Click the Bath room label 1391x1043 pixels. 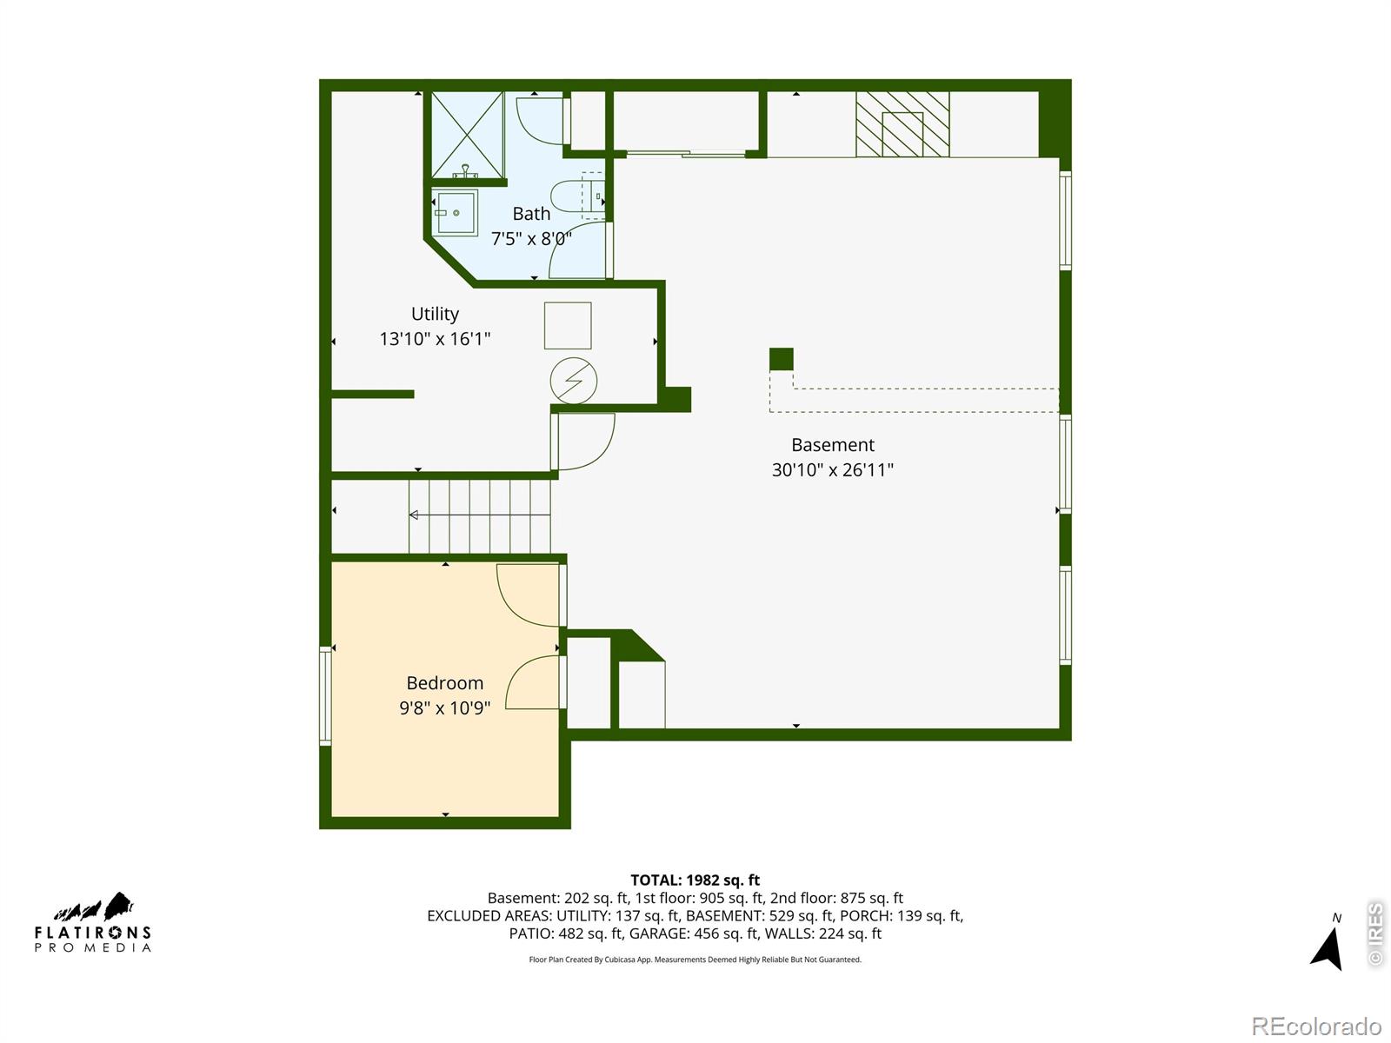(x=531, y=214)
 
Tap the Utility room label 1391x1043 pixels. (x=435, y=314)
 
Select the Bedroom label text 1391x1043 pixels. (x=444, y=683)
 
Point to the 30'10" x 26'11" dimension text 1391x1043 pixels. (x=832, y=470)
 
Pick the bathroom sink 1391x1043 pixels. (x=456, y=213)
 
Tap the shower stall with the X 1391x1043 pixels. (x=468, y=135)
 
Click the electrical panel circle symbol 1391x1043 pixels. (x=573, y=381)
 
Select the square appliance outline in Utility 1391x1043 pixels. (x=568, y=325)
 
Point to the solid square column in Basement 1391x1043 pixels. (x=781, y=359)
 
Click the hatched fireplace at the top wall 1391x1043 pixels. (x=902, y=124)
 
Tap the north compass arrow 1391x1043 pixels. (x=1327, y=948)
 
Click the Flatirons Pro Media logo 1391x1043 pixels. (x=92, y=922)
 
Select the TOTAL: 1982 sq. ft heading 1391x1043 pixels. (x=695, y=880)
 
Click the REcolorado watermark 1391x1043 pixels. (x=1316, y=1026)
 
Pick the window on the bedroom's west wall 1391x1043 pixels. (x=325, y=696)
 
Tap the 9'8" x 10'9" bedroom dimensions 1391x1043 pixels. (x=444, y=708)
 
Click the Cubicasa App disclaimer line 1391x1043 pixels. (x=695, y=960)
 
